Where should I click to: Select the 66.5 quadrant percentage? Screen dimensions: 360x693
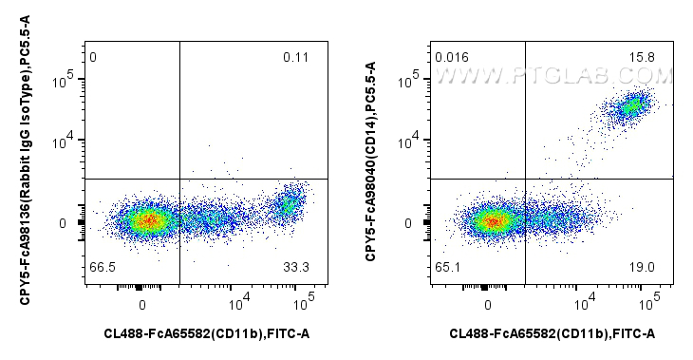[x=99, y=269]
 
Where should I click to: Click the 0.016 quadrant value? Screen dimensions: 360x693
[x=451, y=59]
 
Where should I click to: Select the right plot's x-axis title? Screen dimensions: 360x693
[x=553, y=333]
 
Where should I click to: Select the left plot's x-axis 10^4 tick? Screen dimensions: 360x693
[x=239, y=303]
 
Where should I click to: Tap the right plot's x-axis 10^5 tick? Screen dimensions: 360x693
[x=649, y=303]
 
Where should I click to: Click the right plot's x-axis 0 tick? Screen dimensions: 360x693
[x=488, y=304]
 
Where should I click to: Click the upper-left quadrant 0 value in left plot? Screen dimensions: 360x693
[x=93, y=59]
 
